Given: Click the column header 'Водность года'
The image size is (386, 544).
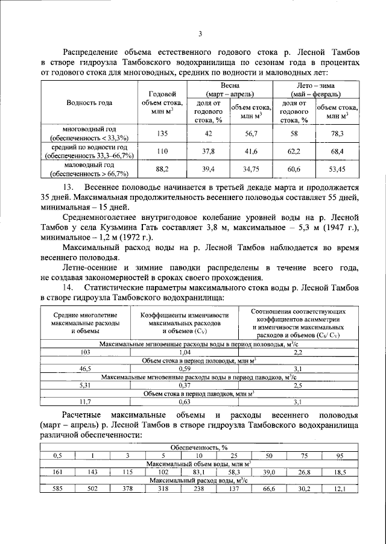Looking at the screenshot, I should click(89, 102).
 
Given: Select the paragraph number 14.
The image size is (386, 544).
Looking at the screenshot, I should click(68, 288).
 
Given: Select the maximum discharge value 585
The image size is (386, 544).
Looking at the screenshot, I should click(58, 490).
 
